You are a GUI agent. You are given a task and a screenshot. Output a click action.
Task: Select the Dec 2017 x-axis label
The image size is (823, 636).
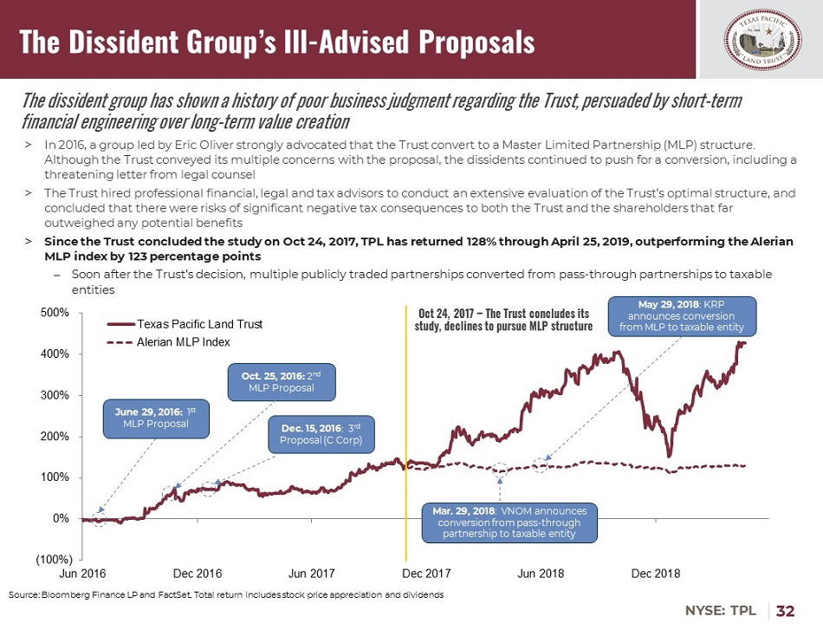point(426,574)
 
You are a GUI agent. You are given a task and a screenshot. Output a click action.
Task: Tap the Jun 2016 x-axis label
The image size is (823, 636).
point(82,574)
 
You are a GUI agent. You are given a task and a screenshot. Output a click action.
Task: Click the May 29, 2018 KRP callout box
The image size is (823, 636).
point(681,316)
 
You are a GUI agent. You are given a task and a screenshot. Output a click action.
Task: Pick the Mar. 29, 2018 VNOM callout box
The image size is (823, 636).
point(509,522)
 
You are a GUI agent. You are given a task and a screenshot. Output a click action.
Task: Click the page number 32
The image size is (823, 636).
point(786,612)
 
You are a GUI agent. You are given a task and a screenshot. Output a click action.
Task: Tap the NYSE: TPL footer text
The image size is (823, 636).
point(721,612)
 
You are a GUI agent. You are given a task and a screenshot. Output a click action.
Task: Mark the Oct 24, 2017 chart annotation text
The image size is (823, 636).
point(503,320)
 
